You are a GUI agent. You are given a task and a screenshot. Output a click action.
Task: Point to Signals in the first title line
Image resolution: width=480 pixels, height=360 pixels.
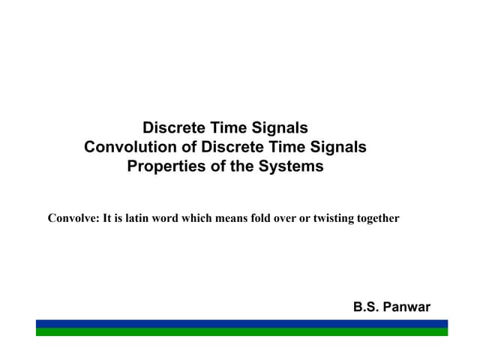point(281,128)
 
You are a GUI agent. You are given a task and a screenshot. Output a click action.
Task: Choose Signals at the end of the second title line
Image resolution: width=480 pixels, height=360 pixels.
point(340,147)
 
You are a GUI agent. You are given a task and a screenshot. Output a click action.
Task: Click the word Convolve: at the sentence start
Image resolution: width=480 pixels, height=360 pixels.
point(71,219)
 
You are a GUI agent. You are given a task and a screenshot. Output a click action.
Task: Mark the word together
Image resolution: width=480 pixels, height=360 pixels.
point(379,219)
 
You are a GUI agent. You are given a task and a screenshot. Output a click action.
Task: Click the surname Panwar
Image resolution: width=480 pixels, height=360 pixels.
point(408,307)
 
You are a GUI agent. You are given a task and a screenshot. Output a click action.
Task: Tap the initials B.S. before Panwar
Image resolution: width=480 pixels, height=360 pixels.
point(367,307)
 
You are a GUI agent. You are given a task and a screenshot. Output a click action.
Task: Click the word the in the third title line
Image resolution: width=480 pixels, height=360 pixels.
point(242,166)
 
